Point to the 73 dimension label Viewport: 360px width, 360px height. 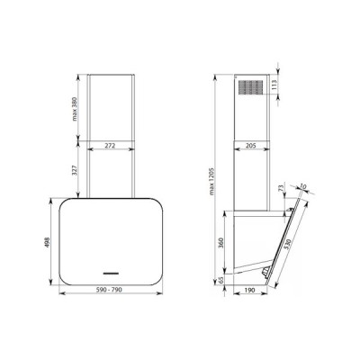[283, 188]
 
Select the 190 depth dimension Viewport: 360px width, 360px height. [250, 290]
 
